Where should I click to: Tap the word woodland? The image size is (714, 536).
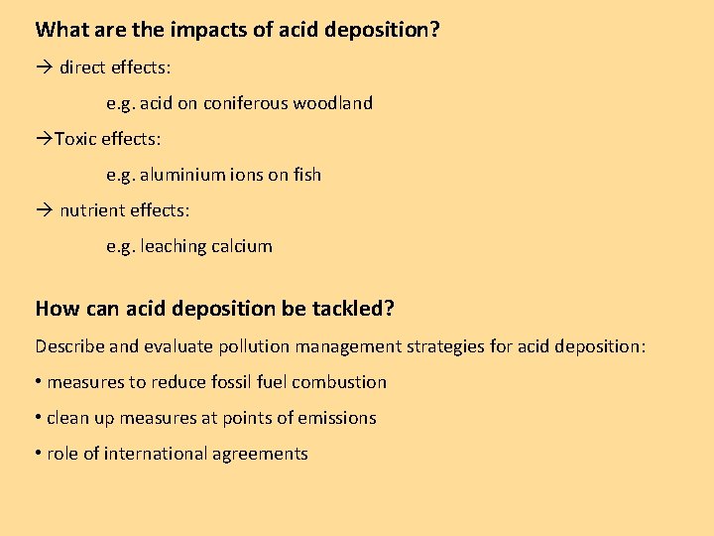333,103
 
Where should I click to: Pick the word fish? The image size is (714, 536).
307,175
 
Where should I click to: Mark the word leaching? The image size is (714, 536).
173,246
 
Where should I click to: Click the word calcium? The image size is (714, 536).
241,246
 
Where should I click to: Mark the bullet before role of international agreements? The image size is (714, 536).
39,454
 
